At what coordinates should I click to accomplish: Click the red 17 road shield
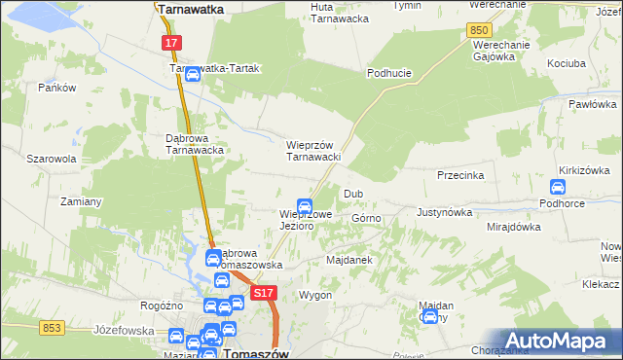tap(171, 43)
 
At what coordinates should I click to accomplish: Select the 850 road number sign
tap(478, 31)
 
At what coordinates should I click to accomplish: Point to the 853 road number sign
tap(53, 327)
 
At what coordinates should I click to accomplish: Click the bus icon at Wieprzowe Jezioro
tap(305, 206)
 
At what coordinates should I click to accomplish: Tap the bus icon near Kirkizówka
tap(559, 187)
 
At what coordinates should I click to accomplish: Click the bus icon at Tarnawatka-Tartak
tap(193, 74)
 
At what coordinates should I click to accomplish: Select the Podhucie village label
tap(389, 73)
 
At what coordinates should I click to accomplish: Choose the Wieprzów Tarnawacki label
tap(311, 151)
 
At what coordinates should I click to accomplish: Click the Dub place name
tap(353, 194)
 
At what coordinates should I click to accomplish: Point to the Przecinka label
tap(461, 176)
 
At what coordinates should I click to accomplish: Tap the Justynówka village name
tap(444, 211)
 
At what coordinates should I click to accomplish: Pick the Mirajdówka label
tap(513, 227)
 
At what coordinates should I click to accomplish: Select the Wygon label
tap(315, 295)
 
